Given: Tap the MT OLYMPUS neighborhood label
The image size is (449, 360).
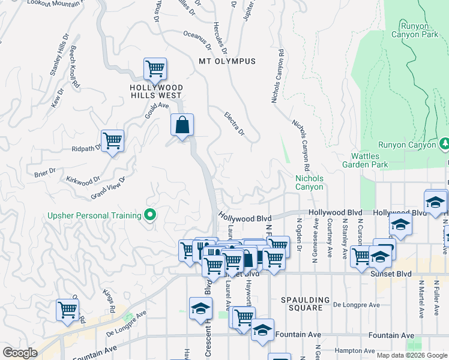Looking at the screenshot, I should coord(227,61).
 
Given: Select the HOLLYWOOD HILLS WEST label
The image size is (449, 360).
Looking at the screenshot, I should coord(156,91).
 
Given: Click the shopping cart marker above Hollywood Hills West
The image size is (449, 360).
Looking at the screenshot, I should coord(155,69).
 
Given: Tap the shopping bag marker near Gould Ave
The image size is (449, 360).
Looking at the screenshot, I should coord(182,125).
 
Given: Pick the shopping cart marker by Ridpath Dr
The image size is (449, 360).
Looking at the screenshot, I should coord(112,141).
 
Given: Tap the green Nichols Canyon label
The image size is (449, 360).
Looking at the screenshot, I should coord(309,182).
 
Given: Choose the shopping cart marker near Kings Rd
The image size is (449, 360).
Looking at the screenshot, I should coord(68,310).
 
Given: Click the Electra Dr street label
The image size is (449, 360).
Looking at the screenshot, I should coord(234,122).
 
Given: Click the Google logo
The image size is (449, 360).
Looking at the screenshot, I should coord(20,353).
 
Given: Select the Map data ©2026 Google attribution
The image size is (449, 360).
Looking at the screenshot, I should coord(411,355).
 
